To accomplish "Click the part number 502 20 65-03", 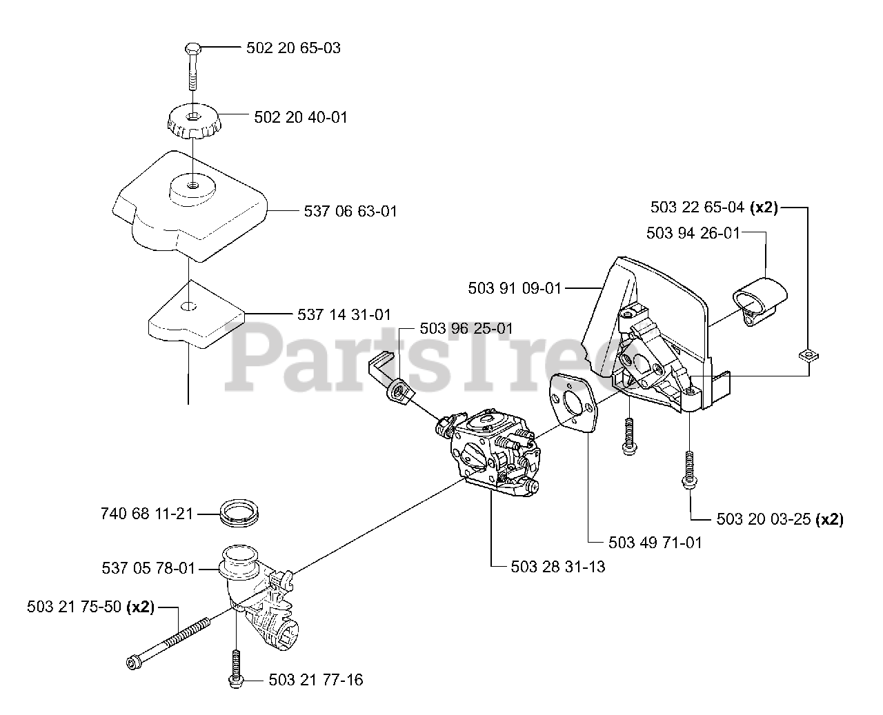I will (x=293, y=48).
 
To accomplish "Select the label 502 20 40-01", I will (x=301, y=117).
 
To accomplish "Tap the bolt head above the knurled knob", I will (x=192, y=49).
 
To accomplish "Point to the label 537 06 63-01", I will (x=350, y=211).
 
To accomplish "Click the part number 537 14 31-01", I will (x=344, y=314).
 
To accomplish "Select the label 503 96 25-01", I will (x=466, y=328).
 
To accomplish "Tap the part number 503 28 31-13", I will (x=559, y=567).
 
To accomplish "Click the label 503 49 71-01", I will (x=655, y=543).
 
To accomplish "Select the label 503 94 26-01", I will (x=693, y=233).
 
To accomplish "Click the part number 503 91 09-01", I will (x=515, y=288).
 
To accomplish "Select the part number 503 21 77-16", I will (x=316, y=681).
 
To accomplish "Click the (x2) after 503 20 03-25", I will (x=829, y=519).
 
